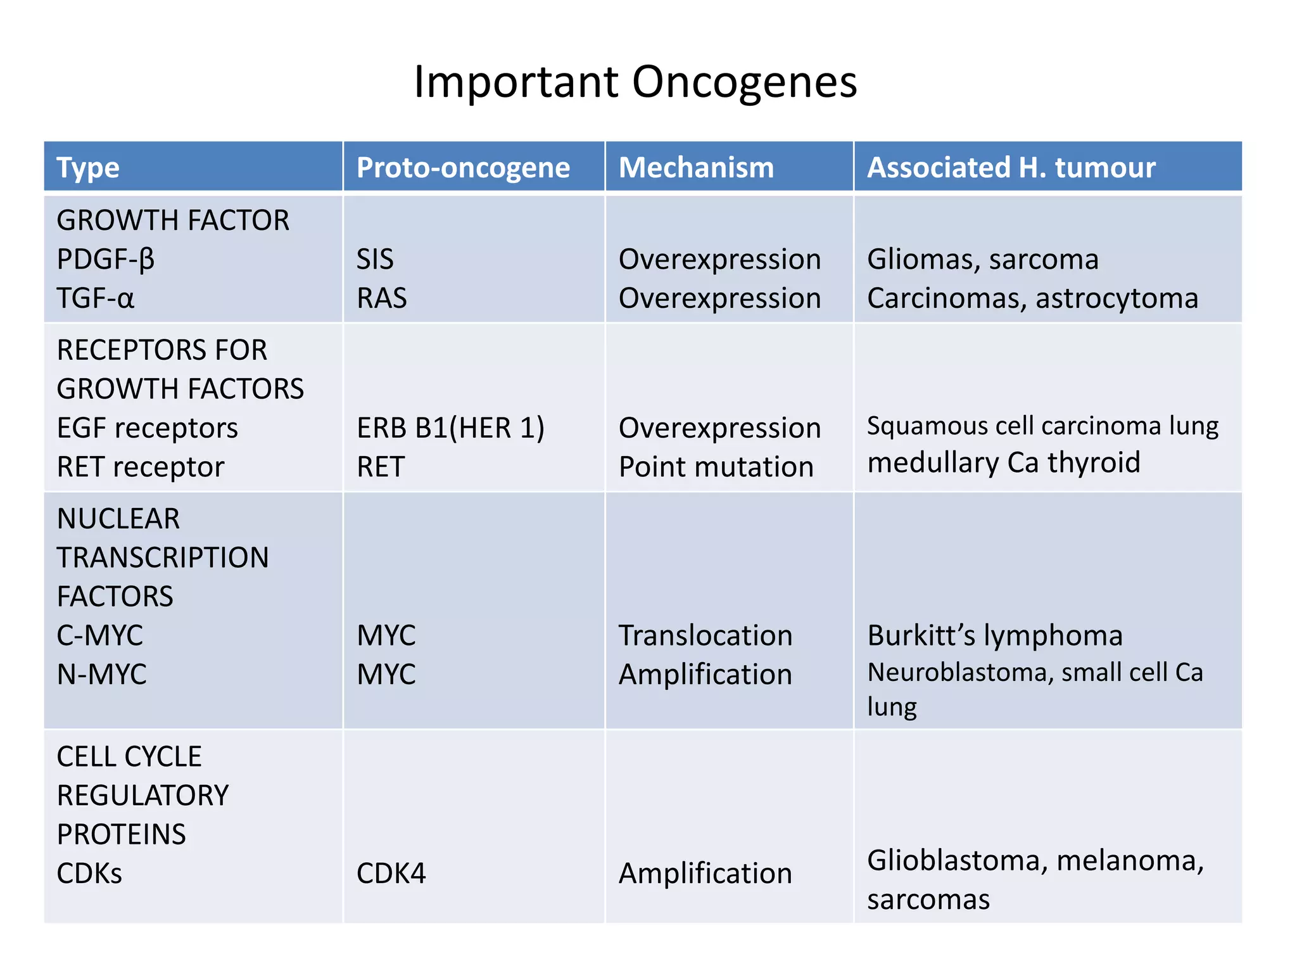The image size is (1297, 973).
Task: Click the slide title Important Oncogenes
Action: click(x=635, y=82)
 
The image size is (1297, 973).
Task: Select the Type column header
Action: click(x=87, y=168)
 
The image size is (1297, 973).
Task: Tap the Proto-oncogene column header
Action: click(x=463, y=168)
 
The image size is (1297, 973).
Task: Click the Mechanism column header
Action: click(x=696, y=168)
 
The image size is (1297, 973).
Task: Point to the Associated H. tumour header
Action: click(x=1011, y=168)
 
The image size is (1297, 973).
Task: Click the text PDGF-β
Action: click(x=106, y=260)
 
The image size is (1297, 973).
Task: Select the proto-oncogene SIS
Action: click(x=375, y=260)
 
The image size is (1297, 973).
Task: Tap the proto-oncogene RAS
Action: click(x=381, y=298)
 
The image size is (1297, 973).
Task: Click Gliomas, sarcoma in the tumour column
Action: click(x=982, y=260)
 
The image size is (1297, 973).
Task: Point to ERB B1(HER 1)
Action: click(x=450, y=428)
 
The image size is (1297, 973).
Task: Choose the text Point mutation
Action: click(x=716, y=467)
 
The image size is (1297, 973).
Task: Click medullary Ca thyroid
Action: click(x=1003, y=462)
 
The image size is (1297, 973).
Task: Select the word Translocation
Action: click(x=705, y=636)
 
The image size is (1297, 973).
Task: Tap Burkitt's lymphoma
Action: click(x=994, y=636)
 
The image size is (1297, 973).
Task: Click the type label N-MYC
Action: click(x=101, y=675)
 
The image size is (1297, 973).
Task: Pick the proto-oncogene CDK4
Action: click(x=391, y=874)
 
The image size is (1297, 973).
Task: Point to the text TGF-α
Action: click(x=95, y=298)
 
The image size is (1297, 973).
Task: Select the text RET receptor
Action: click(x=140, y=467)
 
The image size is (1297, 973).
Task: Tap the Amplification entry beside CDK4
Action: click(x=705, y=874)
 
